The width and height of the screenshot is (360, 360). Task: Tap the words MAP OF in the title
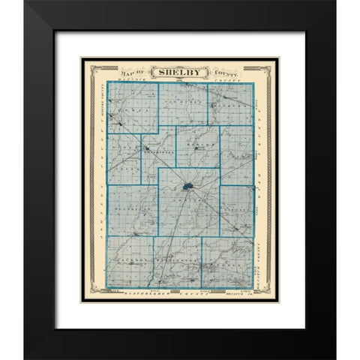pos(138,73)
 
